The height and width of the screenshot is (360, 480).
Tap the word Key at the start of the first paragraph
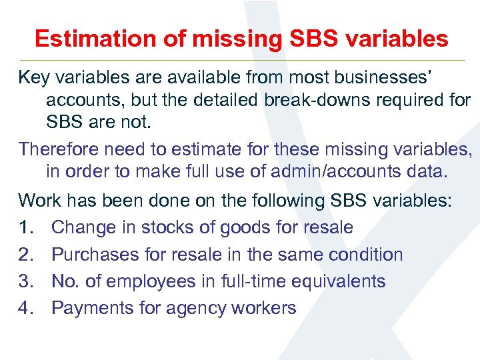pos(33,78)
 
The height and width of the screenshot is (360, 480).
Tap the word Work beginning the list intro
pos(39,200)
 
